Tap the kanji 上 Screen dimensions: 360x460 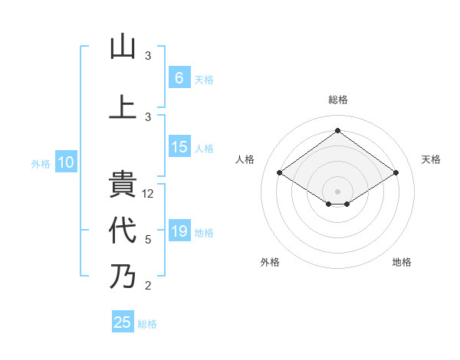click(123, 106)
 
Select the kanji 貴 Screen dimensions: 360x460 click(123, 186)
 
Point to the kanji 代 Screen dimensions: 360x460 click(123, 230)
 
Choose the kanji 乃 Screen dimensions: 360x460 click(123, 276)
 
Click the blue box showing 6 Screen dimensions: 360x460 click(179, 78)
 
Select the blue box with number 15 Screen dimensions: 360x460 click(179, 148)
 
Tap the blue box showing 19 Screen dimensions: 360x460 click(179, 232)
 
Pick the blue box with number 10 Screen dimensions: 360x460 click(66, 162)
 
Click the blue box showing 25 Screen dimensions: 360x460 click(123, 322)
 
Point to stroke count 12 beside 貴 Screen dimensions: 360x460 click(149, 194)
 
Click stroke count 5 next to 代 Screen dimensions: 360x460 click(148, 240)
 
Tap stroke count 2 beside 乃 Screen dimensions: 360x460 click(148, 286)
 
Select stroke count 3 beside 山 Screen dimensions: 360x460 click(148, 56)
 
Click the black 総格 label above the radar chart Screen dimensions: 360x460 click(337, 100)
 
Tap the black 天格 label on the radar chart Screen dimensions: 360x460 click(431, 159)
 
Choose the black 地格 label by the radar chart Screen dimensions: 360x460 click(402, 262)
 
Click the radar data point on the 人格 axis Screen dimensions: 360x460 click(280, 173)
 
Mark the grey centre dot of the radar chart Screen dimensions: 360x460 click(337, 191)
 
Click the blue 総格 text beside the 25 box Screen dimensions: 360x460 click(147, 324)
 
